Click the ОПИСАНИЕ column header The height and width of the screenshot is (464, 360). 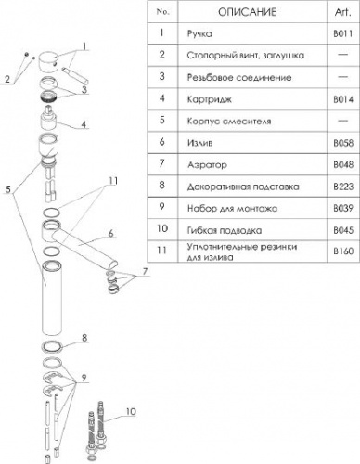(x=247, y=12)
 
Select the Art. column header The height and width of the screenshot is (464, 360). (x=343, y=12)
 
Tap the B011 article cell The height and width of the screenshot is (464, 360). (x=343, y=33)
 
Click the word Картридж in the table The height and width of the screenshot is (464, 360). (x=210, y=99)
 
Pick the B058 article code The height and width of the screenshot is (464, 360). (x=343, y=143)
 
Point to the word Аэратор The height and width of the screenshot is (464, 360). (x=207, y=165)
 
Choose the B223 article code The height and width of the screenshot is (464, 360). (x=343, y=187)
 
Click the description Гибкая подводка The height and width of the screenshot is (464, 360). (x=225, y=230)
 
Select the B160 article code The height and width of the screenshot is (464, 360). (x=343, y=251)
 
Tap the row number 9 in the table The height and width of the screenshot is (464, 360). (x=161, y=207)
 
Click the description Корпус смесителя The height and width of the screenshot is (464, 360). (x=229, y=121)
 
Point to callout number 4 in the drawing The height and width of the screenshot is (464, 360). (x=84, y=124)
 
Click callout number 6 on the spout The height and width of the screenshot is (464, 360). (x=111, y=233)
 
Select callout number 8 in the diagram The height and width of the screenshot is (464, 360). (x=84, y=338)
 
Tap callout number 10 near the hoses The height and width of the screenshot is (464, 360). (x=131, y=412)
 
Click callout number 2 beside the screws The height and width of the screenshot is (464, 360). (x=7, y=79)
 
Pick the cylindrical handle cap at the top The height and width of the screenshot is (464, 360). (x=49, y=62)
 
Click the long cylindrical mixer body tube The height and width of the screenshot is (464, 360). (x=52, y=298)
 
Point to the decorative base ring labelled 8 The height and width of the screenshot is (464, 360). (x=52, y=346)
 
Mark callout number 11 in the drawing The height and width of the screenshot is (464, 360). (x=114, y=181)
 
